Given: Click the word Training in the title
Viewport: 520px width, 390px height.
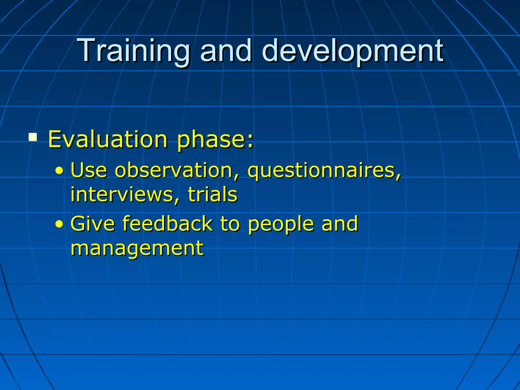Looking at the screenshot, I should click(134, 51).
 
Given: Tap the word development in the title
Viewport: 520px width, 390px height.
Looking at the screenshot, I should click(352, 51).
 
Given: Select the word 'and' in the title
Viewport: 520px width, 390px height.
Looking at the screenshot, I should click(226, 51).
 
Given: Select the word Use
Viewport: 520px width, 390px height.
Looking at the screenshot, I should click(89, 170).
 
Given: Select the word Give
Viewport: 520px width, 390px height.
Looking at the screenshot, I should click(93, 224).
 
